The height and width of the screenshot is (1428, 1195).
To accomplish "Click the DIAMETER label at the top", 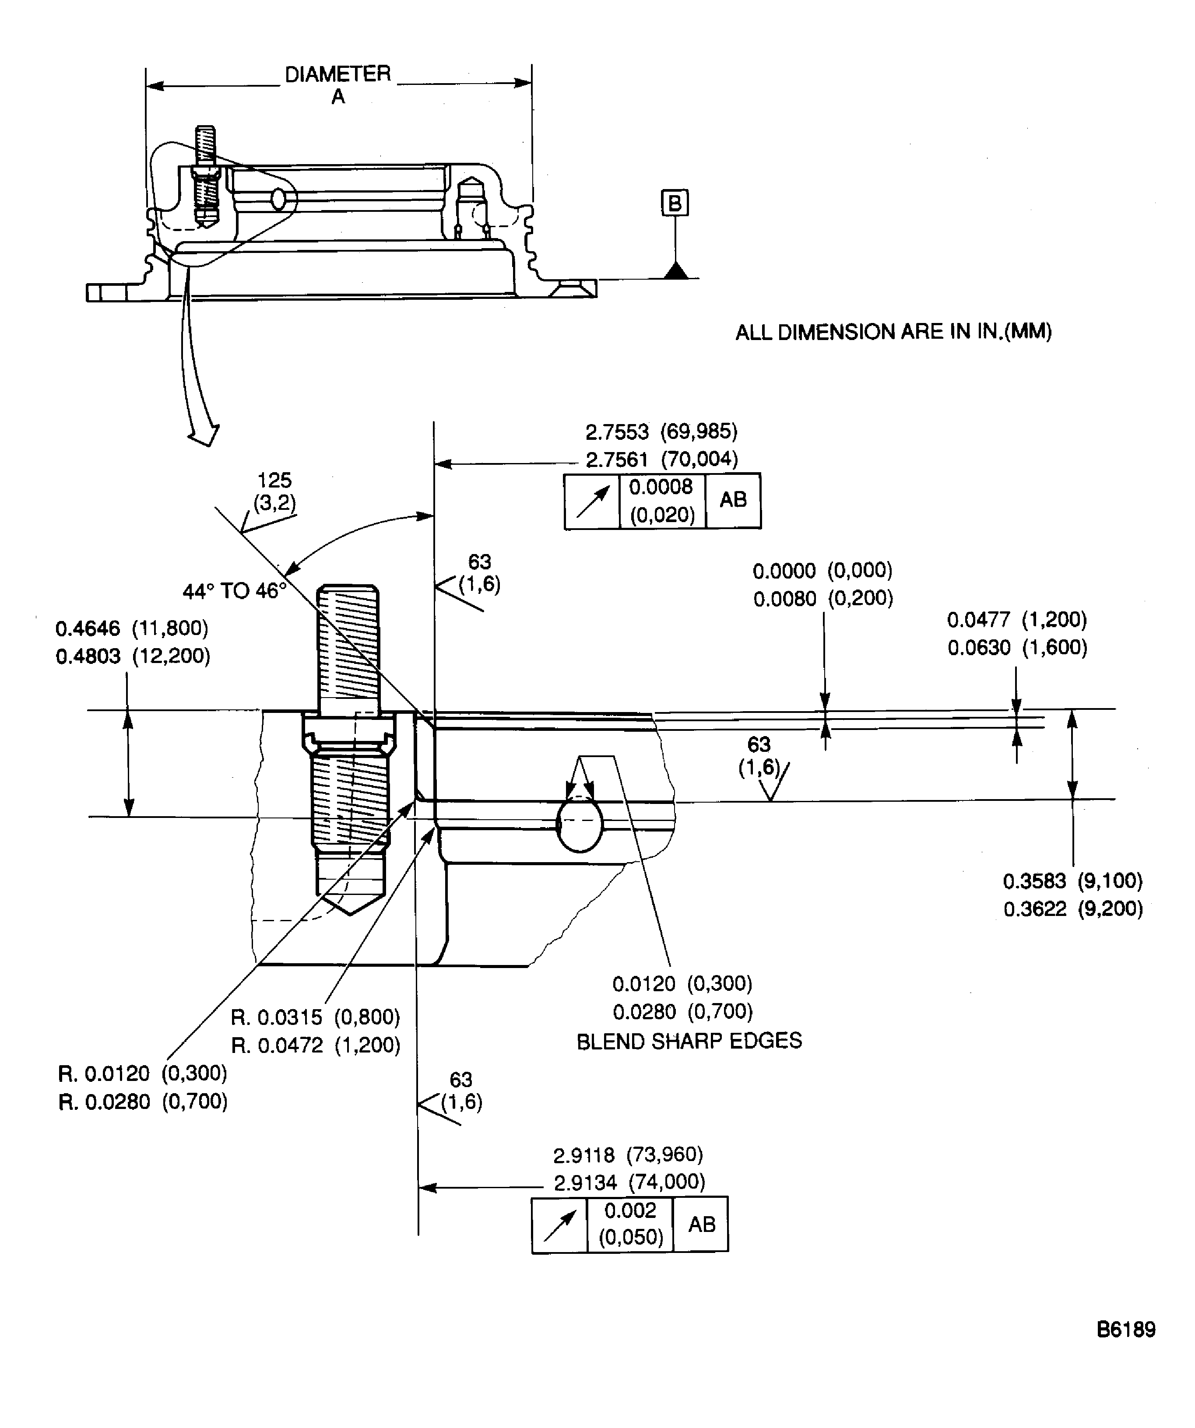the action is click(x=337, y=74).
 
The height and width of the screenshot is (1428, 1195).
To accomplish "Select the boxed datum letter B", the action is click(x=675, y=203).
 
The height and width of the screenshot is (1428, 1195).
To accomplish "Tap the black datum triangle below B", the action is click(x=676, y=270).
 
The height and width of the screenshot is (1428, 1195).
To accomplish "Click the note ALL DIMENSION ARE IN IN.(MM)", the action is click(x=894, y=332).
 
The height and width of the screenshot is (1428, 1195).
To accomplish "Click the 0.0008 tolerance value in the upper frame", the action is click(x=661, y=487).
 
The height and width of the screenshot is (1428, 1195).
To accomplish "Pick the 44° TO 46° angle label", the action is click(x=234, y=590).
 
